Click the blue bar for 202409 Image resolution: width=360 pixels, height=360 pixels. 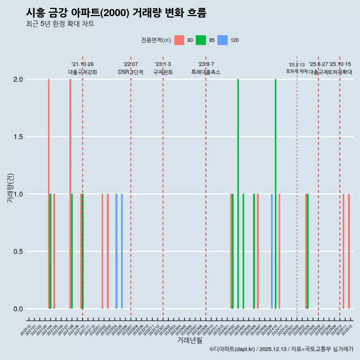click(272, 251)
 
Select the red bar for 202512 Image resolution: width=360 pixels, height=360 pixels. click(349, 251)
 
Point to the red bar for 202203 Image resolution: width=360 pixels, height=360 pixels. click(108, 251)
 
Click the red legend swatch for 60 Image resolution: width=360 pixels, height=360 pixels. click(179, 40)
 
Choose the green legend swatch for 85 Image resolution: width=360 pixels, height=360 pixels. click(201, 40)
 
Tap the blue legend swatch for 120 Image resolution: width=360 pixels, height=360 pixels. click(222, 40)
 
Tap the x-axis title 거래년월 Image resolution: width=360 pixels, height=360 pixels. click(189, 340)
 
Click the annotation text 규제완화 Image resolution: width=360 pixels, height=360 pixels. click(163, 72)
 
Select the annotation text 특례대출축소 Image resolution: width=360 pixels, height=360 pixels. click(206, 72)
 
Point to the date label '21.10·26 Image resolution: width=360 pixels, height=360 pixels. click(82, 64)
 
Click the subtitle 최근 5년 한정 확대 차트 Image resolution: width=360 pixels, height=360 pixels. click(60, 24)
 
